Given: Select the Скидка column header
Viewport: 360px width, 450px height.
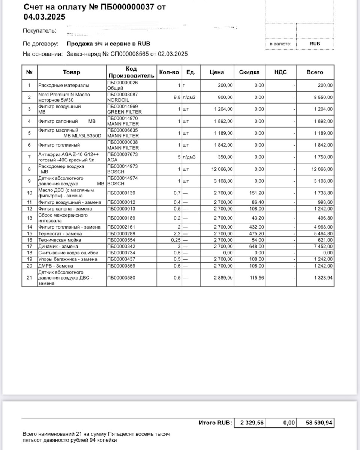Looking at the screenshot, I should pos(249,72).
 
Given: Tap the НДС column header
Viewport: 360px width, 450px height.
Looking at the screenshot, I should pos(280,72).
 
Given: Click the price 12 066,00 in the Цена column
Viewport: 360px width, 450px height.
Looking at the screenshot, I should pos(222,169).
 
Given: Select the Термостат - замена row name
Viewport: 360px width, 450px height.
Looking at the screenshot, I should pos(60,233).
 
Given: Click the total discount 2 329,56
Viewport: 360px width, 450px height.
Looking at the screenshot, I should pos(252,423).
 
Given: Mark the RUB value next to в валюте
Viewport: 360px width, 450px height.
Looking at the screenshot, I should pos(315,44).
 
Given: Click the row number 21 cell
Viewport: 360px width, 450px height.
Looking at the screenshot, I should pos(29,278).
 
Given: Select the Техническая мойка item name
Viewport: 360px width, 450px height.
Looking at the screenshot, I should pos(59,240).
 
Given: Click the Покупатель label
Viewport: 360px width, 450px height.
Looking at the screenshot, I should pos(39,30).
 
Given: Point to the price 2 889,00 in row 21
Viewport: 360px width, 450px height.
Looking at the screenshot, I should pos(223,278).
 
